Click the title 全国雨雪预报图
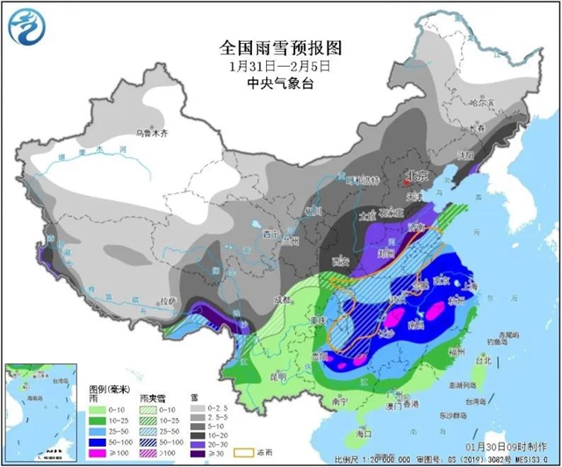click(x=279, y=47)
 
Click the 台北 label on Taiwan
click(x=483, y=360)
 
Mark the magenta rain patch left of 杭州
click(x=433, y=310)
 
